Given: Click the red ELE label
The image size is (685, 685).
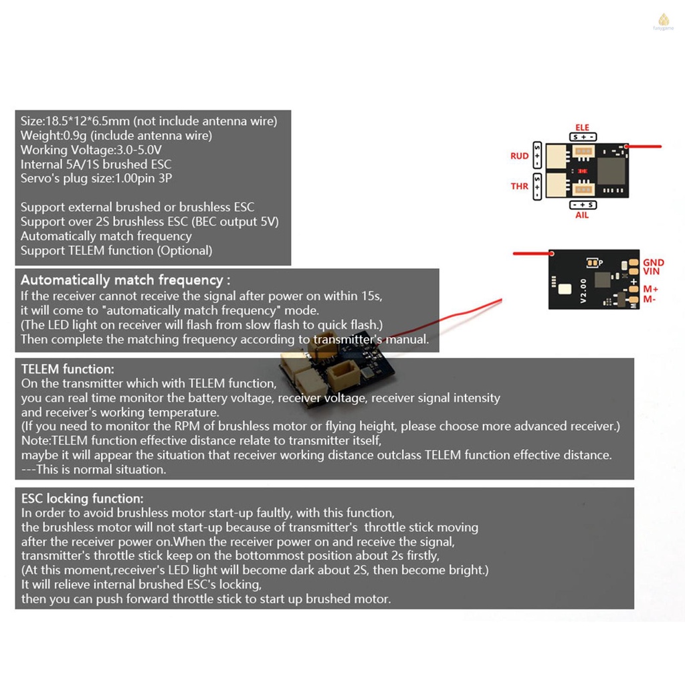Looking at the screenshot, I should point(582,127).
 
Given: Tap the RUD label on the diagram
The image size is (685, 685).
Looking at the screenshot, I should point(520,156).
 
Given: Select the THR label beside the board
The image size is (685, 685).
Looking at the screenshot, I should point(520,186).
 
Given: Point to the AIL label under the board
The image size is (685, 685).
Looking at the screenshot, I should point(582,215).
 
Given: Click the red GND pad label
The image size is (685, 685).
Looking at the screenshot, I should point(653,263).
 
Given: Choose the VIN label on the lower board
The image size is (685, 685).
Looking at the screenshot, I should point(652,272).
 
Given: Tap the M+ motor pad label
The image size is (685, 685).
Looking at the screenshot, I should point(651,289).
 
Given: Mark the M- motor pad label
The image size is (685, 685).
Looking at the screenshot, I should point(650,299).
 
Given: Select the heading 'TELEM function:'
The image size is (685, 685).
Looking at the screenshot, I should point(68,369).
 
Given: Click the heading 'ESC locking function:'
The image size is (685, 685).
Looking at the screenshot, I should point(82,498).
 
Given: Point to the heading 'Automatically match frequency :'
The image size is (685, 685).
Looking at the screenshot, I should point(125,280).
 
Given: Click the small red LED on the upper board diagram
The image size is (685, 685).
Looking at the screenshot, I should point(582,171).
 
